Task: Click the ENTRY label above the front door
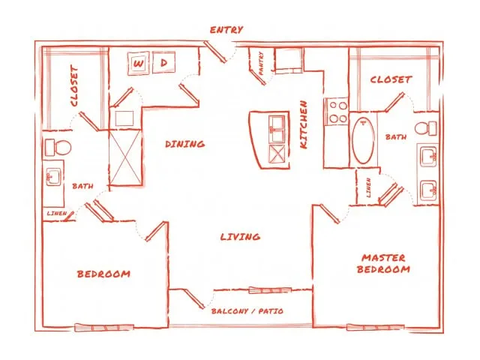[226, 30]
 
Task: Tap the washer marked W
[139, 64]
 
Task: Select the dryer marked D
[163, 62]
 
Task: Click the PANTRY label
[261, 63]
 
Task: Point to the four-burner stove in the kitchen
[337, 112]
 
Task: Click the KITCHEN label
[304, 124]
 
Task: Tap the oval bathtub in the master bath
[363, 140]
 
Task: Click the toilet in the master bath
[426, 128]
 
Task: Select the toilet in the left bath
[58, 148]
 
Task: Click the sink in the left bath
[53, 177]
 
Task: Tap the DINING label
[185, 144]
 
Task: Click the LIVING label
[240, 236]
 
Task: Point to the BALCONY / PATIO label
[247, 311]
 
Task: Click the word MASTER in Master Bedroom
[383, 258]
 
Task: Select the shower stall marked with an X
[125, 157]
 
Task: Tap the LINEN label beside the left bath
[57, 213]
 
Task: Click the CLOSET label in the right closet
[391, 79]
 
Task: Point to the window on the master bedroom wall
[375, 328]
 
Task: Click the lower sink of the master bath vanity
[428, 190]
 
